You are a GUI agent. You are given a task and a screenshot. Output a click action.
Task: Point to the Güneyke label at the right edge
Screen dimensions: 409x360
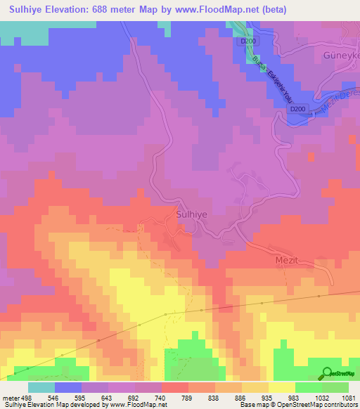click(340, 56)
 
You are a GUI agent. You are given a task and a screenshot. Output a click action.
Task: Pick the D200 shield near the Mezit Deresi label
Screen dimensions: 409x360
click(298, 109)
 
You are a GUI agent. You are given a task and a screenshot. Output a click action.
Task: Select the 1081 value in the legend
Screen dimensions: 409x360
click(348, 396)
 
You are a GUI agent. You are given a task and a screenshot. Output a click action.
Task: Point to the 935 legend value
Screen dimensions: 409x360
click(268, 396)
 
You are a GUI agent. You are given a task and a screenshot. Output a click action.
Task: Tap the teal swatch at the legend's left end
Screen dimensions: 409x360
click(41, 387)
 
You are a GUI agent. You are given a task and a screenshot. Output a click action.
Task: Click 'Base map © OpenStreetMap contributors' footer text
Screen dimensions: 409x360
click(298, 405)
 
